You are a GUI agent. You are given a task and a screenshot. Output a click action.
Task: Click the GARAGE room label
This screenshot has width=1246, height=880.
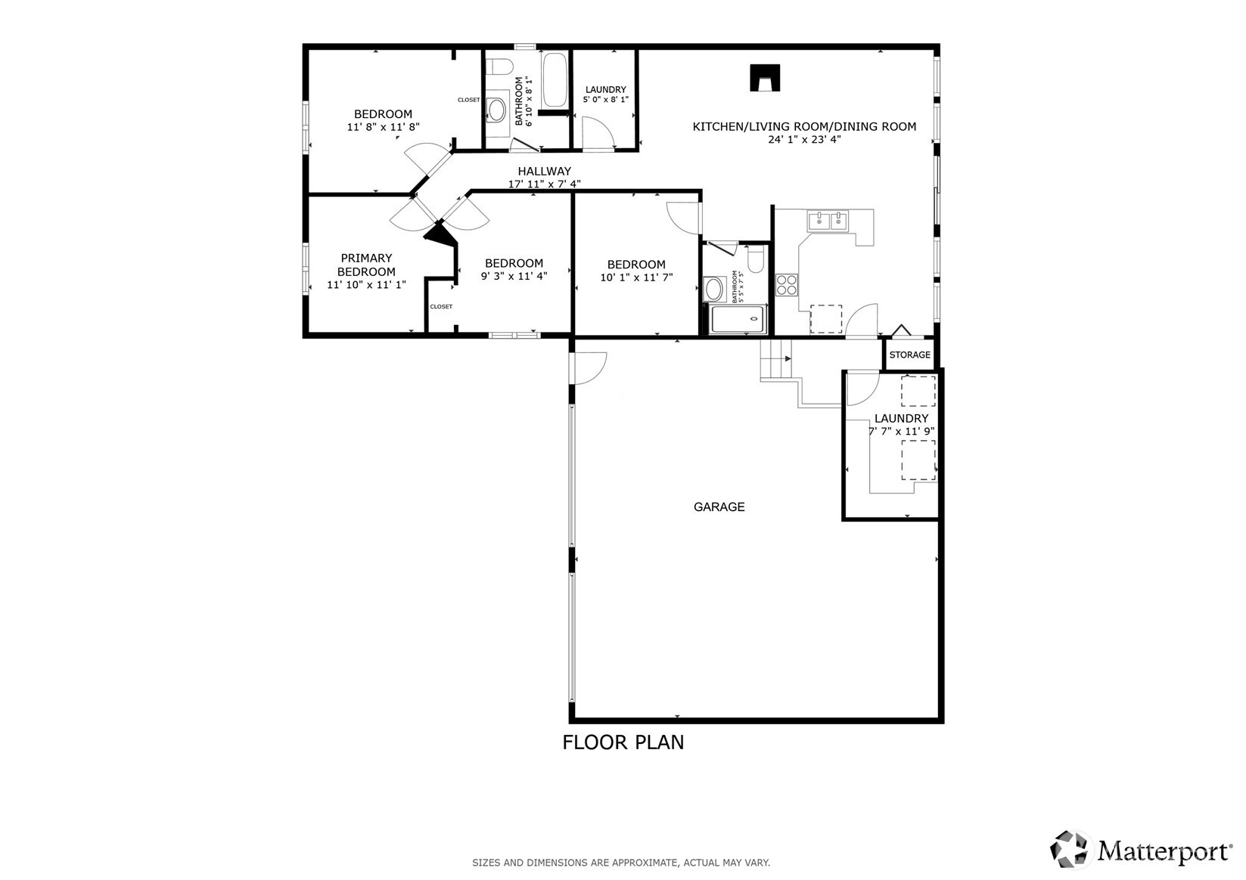coord(719,507)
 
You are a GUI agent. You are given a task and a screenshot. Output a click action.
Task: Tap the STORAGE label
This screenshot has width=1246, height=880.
coord(909,355)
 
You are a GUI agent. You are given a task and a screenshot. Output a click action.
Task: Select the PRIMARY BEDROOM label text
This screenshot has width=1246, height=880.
coord(366,265)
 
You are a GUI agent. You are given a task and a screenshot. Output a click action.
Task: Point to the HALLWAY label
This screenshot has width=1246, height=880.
coord(544,171)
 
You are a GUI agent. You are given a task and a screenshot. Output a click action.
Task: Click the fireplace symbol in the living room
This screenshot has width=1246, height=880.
coord(765,77)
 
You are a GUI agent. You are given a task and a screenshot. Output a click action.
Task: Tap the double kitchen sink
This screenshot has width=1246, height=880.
coord(828,221)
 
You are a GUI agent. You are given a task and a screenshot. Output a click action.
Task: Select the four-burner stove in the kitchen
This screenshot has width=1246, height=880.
coord(787,285)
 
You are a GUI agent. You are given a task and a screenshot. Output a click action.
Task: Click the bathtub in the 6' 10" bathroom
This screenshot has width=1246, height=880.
coord(555,79)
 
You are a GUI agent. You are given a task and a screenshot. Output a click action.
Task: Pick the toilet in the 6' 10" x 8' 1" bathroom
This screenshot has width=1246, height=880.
coord(499,67)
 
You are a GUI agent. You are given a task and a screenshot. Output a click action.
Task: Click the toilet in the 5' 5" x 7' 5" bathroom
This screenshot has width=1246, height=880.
coord(755,259)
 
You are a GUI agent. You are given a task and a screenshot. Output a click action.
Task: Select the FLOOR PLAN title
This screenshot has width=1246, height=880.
coord(623,742)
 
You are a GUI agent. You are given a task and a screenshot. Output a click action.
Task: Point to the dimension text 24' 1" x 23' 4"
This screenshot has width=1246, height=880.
coord(804,140)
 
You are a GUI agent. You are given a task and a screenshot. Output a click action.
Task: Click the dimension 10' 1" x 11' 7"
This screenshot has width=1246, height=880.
coord(636,277)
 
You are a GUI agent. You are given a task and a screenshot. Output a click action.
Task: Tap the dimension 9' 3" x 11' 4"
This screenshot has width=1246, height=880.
coord(514,276)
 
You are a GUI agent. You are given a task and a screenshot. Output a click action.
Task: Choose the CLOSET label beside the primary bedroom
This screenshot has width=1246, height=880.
coord(441,306)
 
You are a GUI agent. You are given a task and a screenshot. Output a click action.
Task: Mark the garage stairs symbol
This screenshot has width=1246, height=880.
coord(776,360)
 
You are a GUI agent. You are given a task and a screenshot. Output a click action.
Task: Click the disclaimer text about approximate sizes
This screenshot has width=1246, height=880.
coord(621,863)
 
